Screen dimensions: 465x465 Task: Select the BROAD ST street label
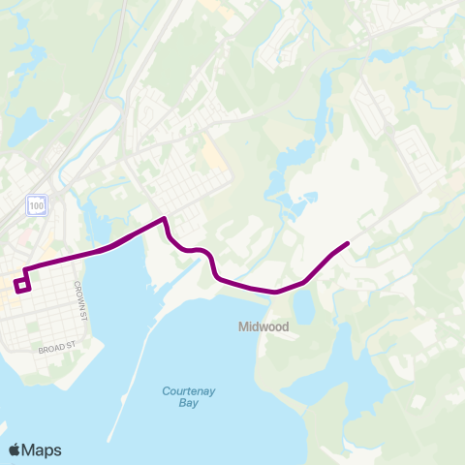(58, 346)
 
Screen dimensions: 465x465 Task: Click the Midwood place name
(263, 327)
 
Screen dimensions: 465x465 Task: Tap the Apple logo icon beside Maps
(15, 449)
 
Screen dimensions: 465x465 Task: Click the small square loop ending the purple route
(23, 284)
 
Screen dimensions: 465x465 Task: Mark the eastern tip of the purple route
(348, 242)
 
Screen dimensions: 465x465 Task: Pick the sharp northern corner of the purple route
(165, 218)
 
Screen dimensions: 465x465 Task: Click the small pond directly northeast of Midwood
(304, 307)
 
